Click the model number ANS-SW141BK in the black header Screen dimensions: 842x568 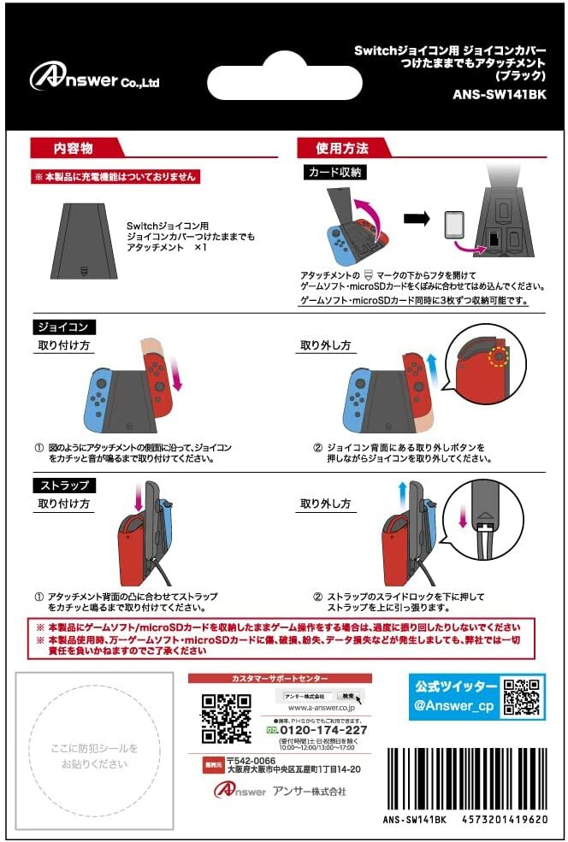pyautogui.click(x=499, y=95)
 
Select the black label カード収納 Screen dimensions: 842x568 pyautogui.click(x=336, y=173)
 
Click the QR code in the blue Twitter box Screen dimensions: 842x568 pyautogui.click(x=521, y=697)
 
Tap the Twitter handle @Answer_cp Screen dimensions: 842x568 pyautogui.click(x=454, y=705)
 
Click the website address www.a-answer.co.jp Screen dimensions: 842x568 pyautogui.click(x=322, y=708)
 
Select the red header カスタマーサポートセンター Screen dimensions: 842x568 pyautogui.click(x=280, y=678)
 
